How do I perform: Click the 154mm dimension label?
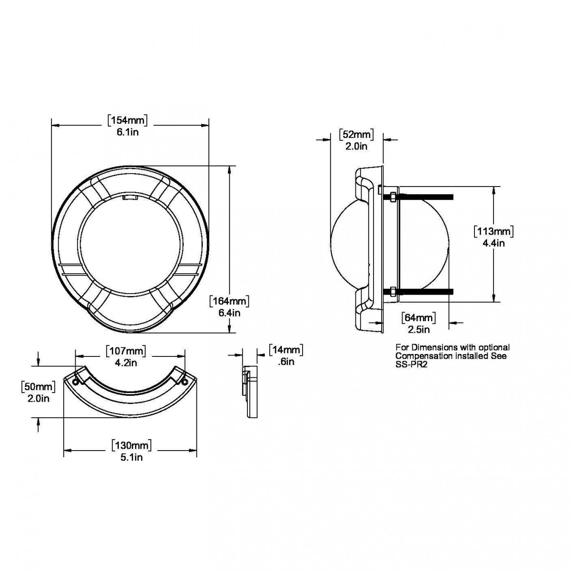coord(128,120)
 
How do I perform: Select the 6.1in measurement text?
coord(128,132)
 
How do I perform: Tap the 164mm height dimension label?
coord(229,301)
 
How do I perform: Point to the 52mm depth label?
coord(356,135)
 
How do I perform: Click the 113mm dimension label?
coord(493,231)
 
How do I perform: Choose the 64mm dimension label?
coord(419,318)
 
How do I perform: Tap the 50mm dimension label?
coord(39,387)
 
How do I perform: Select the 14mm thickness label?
coord(286,350)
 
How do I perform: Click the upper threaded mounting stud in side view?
coord(418,197)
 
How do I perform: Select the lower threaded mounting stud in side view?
coord(418,292)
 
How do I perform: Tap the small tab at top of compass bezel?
coord(130,197)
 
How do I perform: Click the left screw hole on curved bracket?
coord(76,382)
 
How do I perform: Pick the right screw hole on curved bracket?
coord(185,382)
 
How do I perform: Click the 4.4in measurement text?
coord(493,244)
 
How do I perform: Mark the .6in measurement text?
coord(286,362)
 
